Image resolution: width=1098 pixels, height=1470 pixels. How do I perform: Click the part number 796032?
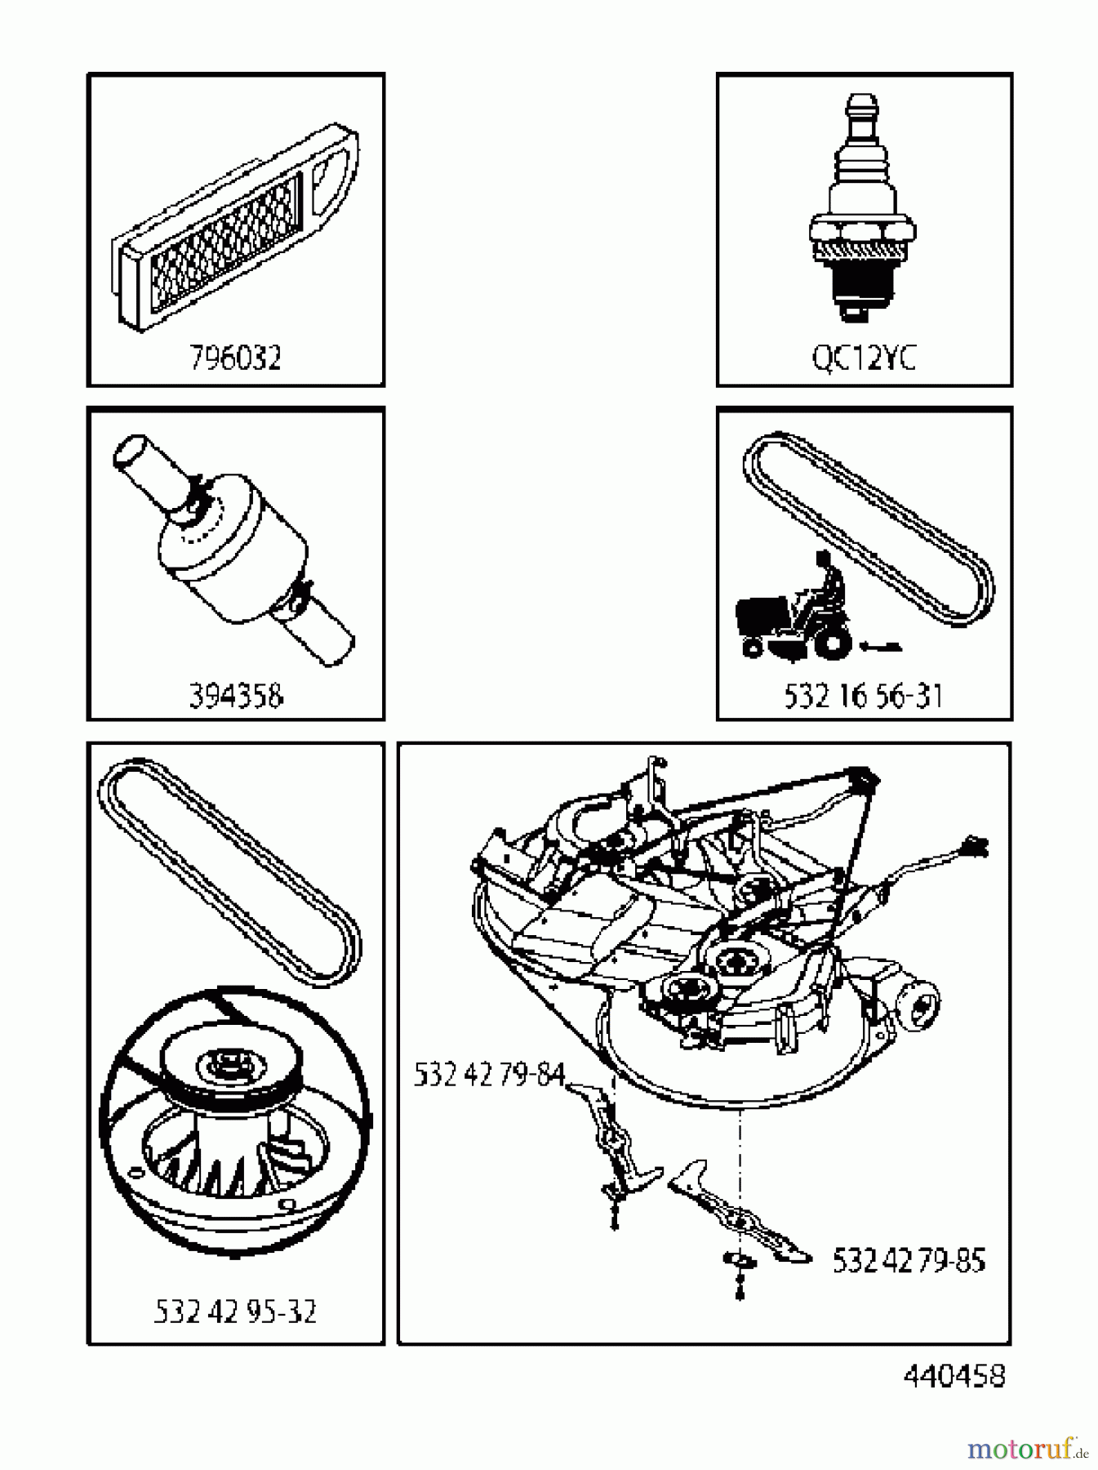coord(235,358)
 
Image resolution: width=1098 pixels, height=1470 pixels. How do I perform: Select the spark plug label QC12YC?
coord(864,358)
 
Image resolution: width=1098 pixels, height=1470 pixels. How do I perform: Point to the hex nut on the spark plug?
coord(860,230)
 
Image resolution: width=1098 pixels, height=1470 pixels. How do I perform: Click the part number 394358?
coord(235,696)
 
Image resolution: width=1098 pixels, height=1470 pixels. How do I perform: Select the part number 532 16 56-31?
coord(864,696)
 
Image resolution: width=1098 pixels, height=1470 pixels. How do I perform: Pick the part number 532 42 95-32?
coord(235,1312)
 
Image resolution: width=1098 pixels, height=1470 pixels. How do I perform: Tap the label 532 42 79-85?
coord(908,1260)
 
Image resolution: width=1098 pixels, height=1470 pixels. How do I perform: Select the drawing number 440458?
coord(954,1375)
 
